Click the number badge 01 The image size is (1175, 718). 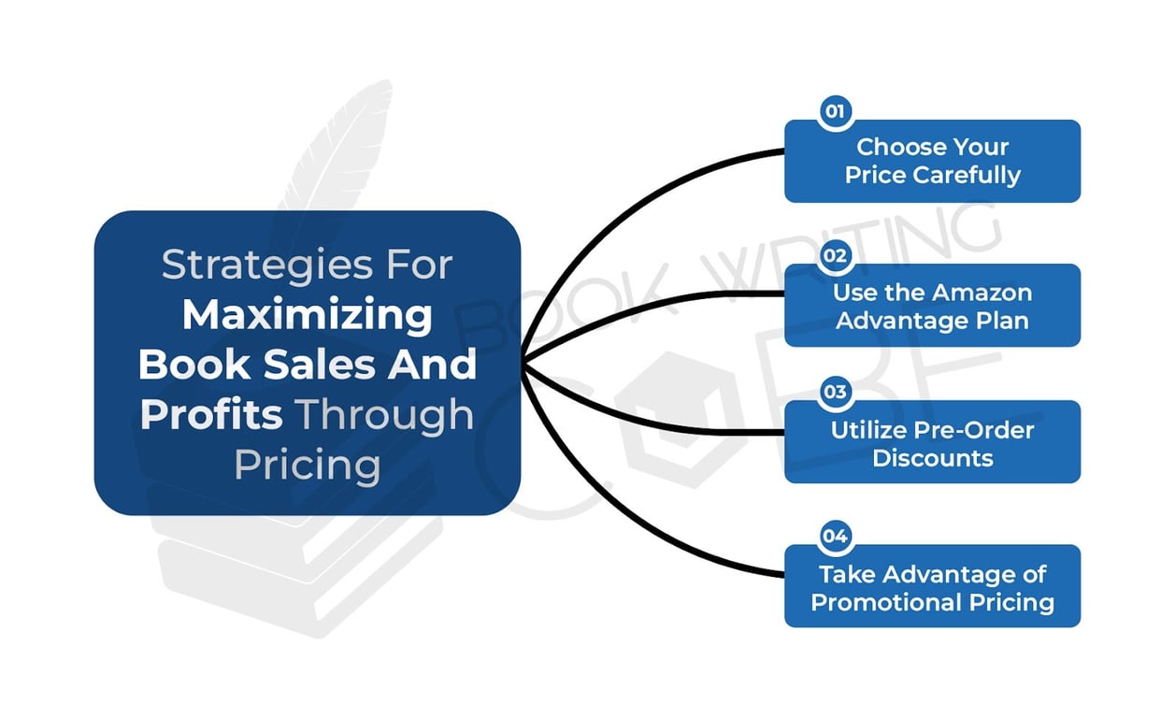(x=834, y=112)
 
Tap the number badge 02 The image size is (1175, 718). (x=834, y=255)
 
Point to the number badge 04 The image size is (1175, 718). (x=834, y=536)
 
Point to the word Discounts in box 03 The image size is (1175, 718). (x=932, y=458)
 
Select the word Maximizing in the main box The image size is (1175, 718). (x=307, y=315)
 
